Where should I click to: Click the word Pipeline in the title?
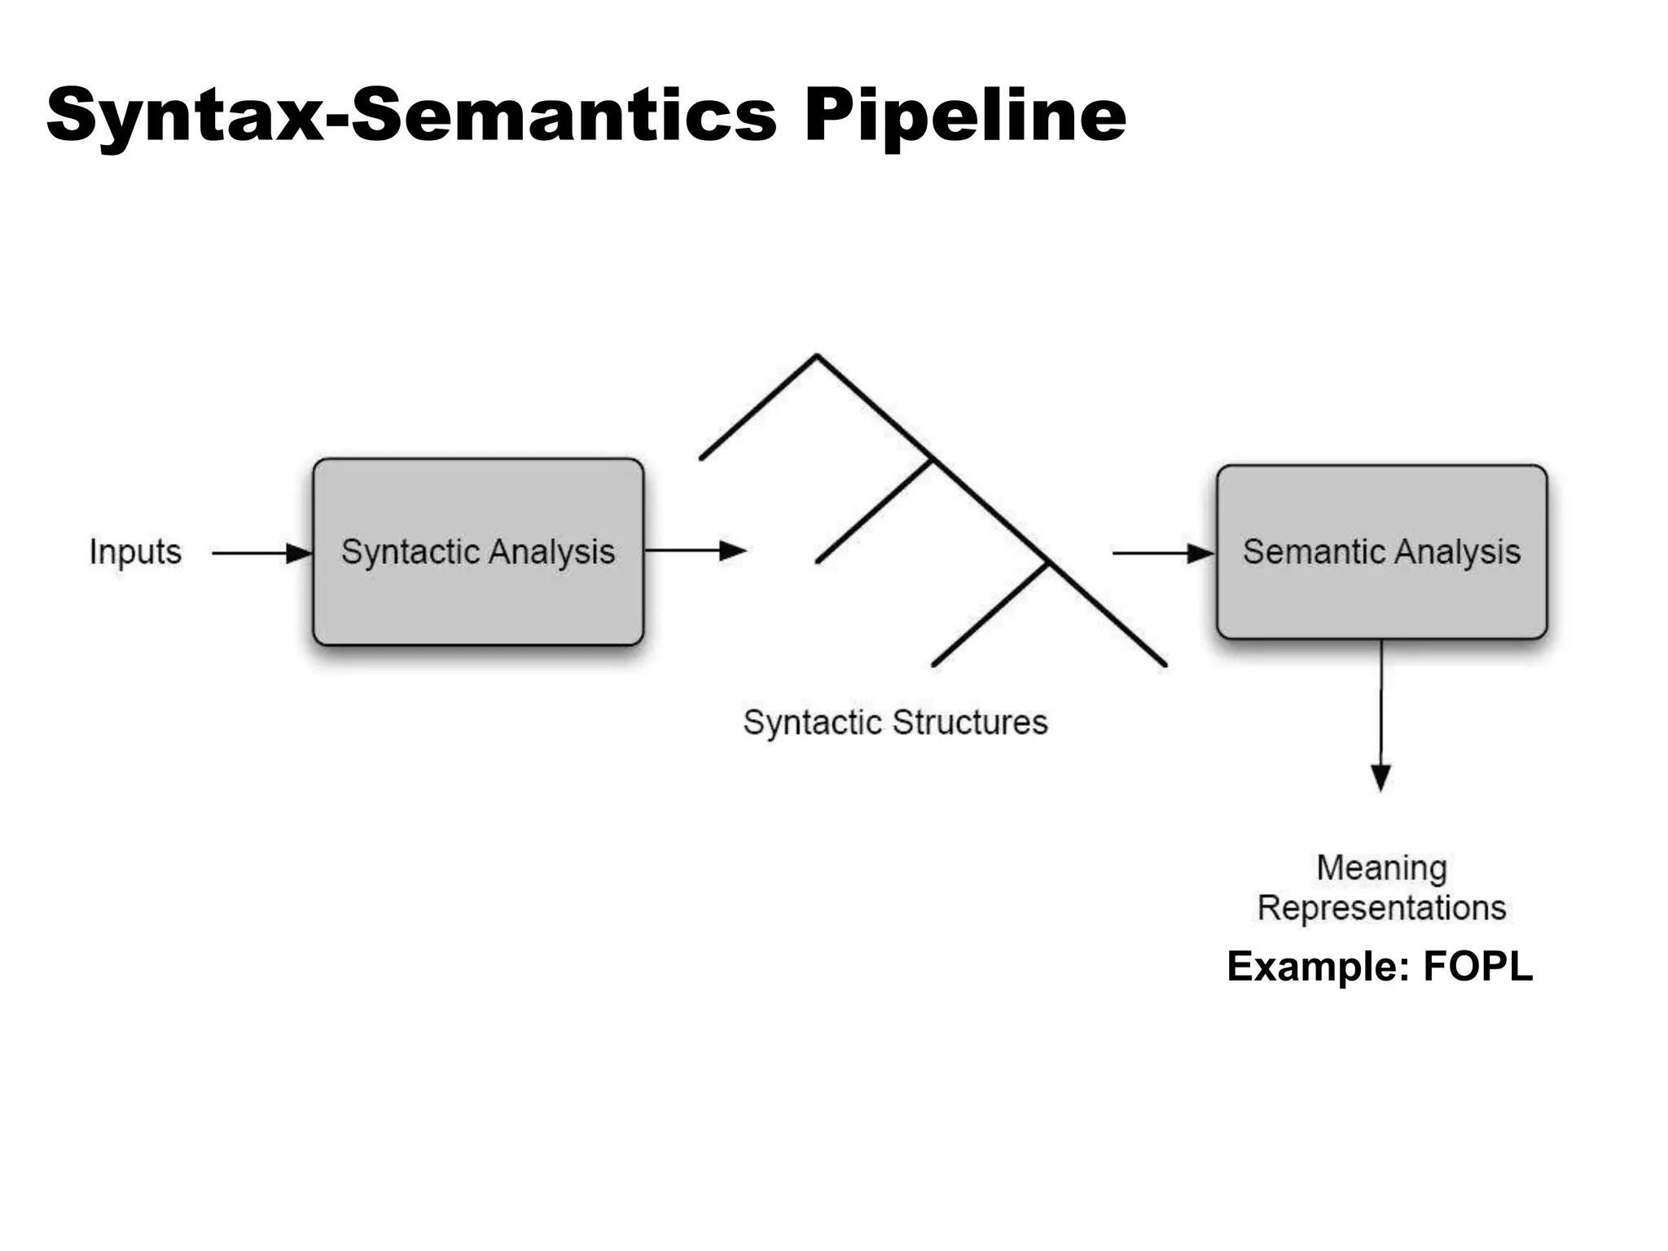965,116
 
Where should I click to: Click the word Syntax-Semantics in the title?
411,116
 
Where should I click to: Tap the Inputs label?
135,552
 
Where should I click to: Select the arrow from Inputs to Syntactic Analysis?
261,553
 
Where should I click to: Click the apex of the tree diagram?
816,356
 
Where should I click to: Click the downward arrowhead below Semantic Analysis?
1380,777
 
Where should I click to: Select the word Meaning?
1381,868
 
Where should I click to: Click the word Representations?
1381,908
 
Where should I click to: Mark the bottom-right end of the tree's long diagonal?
1165,665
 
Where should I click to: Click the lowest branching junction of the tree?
1048,562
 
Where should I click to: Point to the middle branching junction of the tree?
933,459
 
